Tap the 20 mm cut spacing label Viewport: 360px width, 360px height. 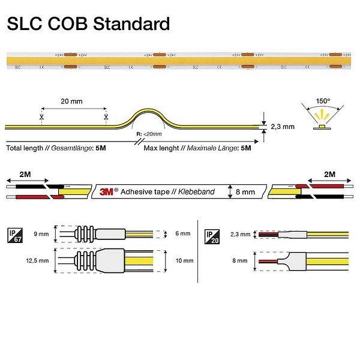(x=73, y=101)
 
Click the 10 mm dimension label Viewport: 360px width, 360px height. (x=184, y=261)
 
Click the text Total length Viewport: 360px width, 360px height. (x=27, y=147)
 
